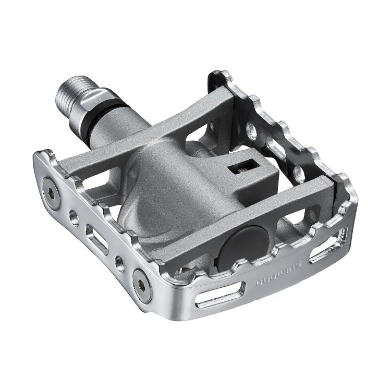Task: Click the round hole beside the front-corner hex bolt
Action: (x=120, y=262)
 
